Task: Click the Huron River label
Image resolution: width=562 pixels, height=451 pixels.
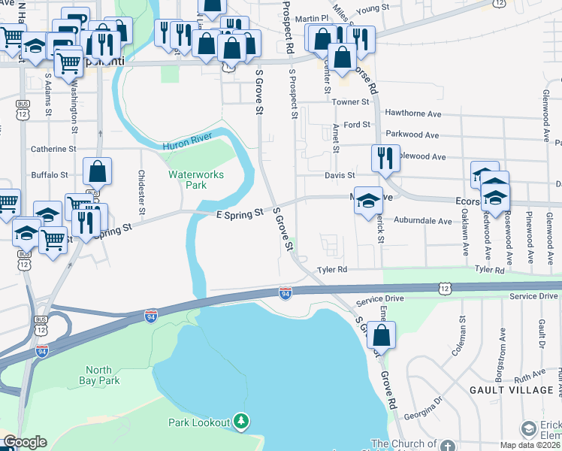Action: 186,143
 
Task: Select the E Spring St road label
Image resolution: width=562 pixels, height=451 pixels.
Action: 239,213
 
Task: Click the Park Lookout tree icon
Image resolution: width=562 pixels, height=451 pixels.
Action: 240,422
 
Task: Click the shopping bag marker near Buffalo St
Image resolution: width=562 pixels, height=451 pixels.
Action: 98,172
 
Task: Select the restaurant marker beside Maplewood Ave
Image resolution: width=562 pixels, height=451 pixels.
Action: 383,159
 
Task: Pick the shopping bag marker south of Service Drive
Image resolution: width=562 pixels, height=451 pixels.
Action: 382,336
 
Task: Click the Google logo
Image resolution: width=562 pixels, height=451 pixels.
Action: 25,442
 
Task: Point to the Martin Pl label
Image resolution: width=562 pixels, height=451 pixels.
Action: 313,18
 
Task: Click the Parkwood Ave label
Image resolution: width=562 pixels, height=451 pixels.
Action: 412,135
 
